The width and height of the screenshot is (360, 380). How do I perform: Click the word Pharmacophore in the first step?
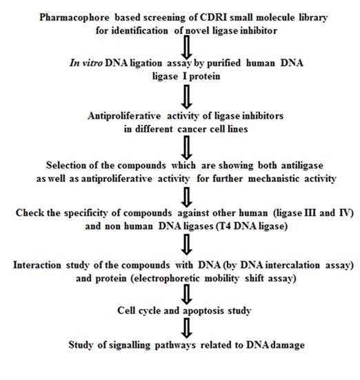[74, 18]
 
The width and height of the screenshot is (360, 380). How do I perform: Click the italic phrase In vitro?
[86, 63]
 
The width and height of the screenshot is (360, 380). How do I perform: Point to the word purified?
[223, 63]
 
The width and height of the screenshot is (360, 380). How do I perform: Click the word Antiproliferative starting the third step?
[124, 116]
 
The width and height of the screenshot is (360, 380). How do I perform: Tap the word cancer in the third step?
[192, 129]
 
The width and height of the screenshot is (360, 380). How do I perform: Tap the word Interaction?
[37, 265]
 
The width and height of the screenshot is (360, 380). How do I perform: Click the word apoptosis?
[203, 311]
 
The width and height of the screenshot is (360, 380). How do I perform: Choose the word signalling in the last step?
[130, 345]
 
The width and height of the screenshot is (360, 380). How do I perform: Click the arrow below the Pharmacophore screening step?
[187, 47]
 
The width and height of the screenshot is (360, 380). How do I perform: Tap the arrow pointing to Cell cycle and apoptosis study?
[187, 294]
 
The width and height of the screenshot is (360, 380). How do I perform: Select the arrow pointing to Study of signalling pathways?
[187, 328]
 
